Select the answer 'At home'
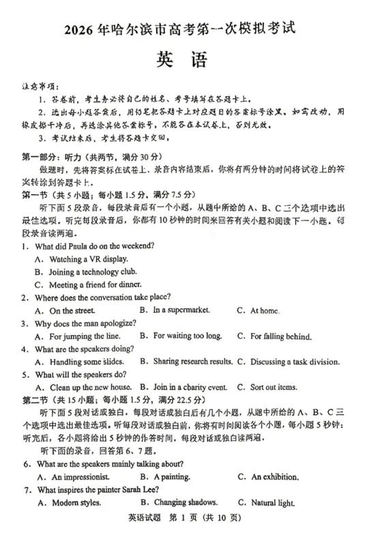pos(265,311)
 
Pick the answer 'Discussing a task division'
pos(295,361)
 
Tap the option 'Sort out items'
pos(274,387)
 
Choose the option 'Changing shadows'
pos(183,503)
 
